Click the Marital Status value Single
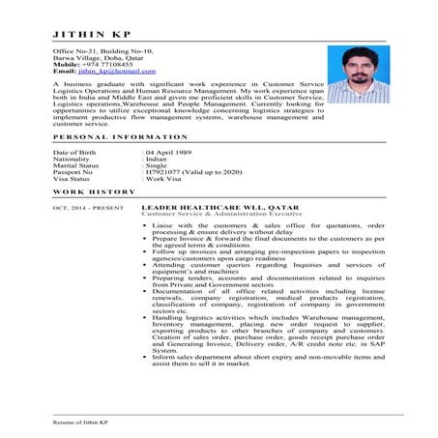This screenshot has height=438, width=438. (157, 165)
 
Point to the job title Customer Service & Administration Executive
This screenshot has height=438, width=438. (214, 215)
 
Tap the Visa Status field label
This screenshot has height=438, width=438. (73, 177)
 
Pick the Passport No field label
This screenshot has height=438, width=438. (74, 171)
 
